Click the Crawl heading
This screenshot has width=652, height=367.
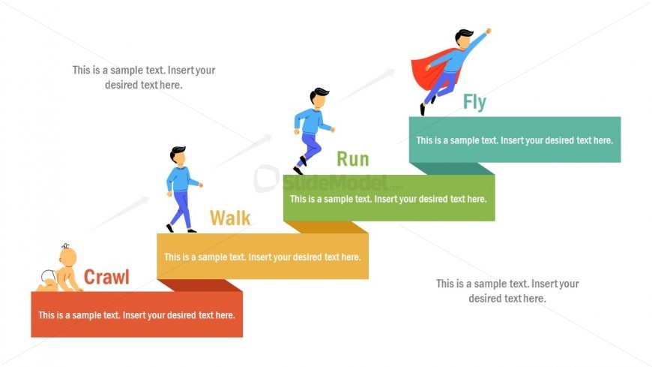pyautogui.click(x=106, y=277)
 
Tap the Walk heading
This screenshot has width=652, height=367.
pyautogui.click(x=230, y=218)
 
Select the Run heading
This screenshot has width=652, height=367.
pyautogui.click(x=352, y=159)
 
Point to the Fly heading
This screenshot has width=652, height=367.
pyautogui.click(x=474, y=102)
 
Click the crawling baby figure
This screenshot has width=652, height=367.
pyautogui.click(x=61, y=271)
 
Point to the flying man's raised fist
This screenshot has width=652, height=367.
pyautogui.click(x=488, y=32)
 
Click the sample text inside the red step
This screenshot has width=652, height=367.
pyautogui.click(x=136, y=315)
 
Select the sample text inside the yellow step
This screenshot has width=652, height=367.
pyautogui.click(x=262, y=257)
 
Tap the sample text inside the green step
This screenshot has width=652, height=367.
pyautogui.click(x=388, y=199)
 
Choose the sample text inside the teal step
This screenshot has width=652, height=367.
pyautogui.click(x=514, y=140)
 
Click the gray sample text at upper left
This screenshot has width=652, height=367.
pyautogui.click(x=144, y=77)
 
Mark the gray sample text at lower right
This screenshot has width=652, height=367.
pyautogui.click(x=507, y=291)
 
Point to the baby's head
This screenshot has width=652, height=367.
pyautogui.click(x=67, y=257)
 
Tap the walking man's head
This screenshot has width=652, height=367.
pyautogui.click(x=178, y=155)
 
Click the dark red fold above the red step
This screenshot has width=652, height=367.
pyautogui.click(x=202, y=285)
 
